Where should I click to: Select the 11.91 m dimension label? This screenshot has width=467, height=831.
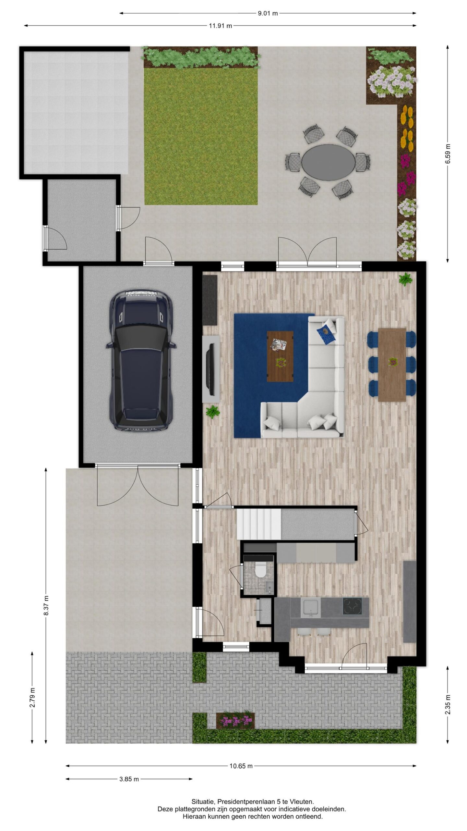pyautogui.click(x=220, y=26)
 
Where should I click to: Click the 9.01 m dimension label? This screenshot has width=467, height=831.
pyautogui.click(x=268, y=13)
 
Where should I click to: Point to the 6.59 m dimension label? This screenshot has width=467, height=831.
pyautogui.click(x=448, y=154)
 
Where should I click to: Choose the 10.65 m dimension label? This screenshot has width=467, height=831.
pyautogui.click(x=241, y=766)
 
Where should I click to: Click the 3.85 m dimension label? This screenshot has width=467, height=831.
pyautogui.click(x=129, y=779)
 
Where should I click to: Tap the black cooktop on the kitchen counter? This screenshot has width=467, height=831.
pyautogui.click(x=352, y=605)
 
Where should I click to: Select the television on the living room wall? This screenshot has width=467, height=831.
pyautogui.click(x=211, y=369)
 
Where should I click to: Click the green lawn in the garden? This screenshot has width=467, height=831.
pyautogui.click(x=201, y=136)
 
